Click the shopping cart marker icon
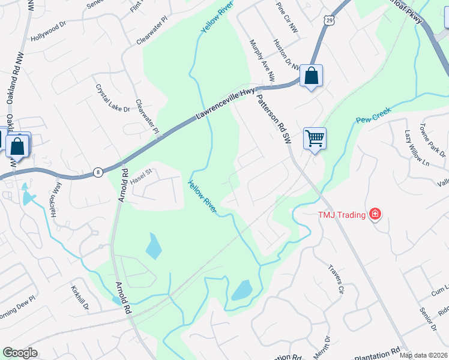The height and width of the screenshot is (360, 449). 315,139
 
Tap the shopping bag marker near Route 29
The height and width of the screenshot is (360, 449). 311,76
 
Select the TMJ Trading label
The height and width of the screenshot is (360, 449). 342,214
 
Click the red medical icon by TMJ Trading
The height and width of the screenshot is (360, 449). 375,213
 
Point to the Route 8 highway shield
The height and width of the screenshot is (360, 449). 97,172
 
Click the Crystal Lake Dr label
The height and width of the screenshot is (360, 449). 112,97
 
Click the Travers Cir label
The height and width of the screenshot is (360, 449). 336,279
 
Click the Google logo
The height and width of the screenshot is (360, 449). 20,353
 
